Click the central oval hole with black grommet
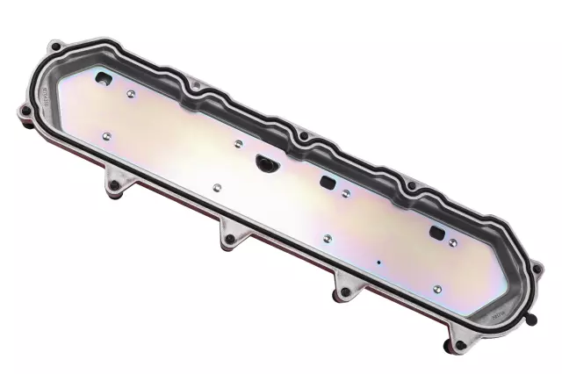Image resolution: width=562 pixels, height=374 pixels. click(263, 161)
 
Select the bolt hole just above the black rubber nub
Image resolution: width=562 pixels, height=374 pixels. click(536, 264)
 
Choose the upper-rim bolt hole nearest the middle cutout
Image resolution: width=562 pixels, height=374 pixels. click(304, 139)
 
